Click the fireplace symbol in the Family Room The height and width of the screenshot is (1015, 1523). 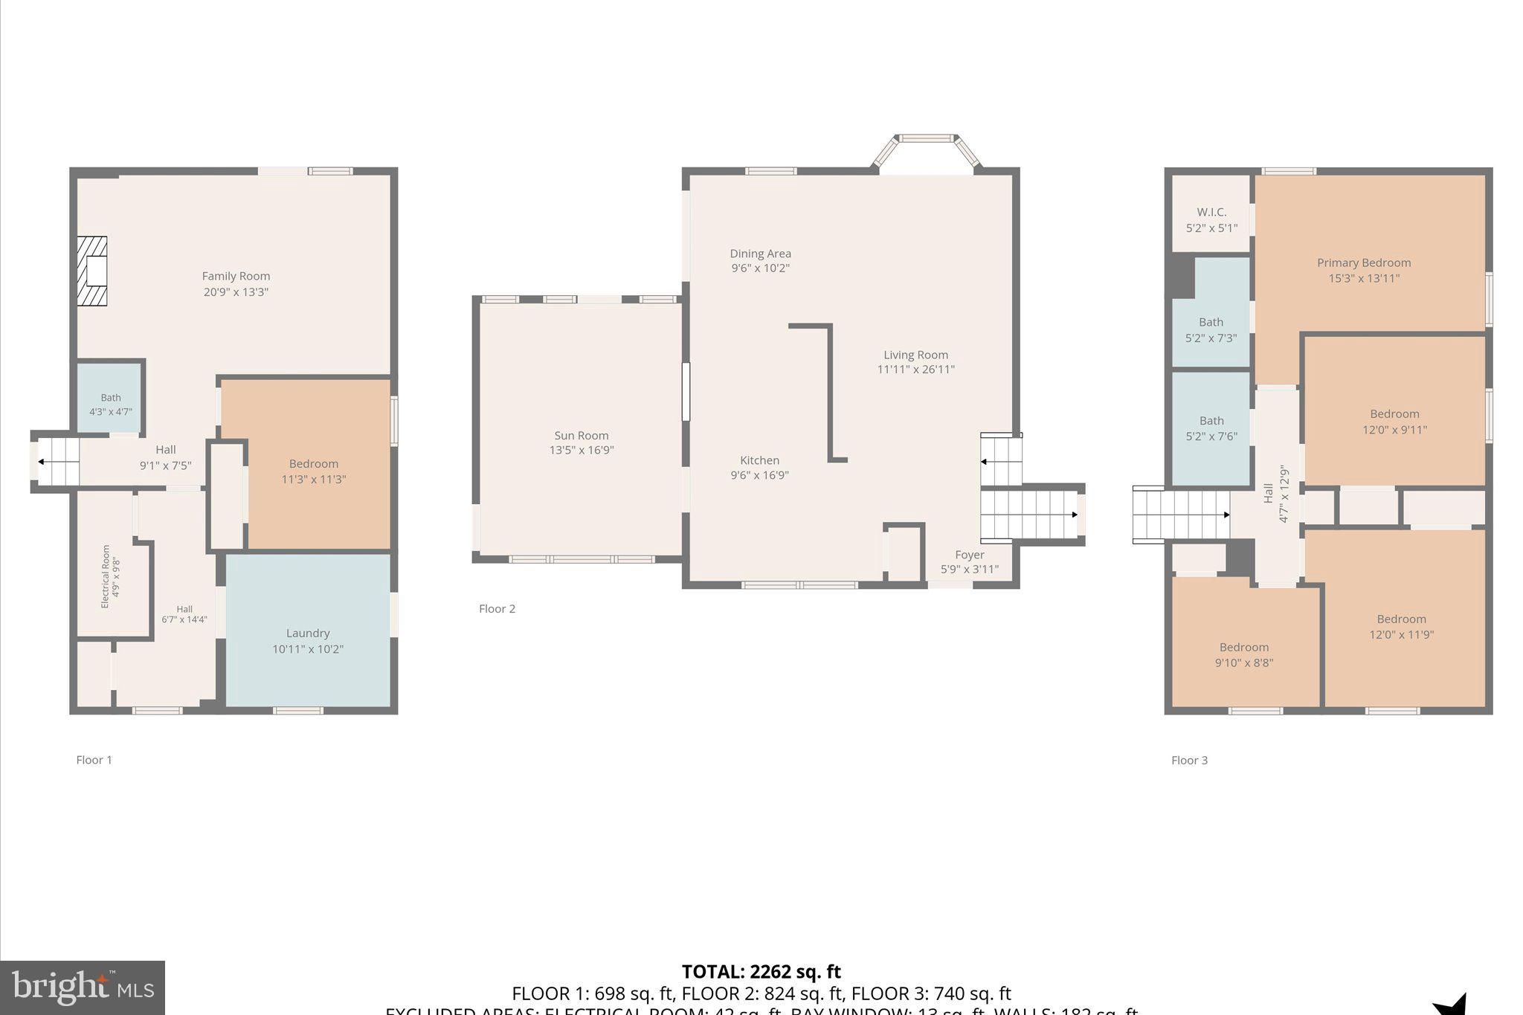click(x=92, y=271)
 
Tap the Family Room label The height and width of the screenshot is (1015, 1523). click(x=236, y=276)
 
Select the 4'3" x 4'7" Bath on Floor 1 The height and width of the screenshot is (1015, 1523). click(x=111, y=405)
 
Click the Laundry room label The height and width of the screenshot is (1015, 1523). click(x=308, y=634)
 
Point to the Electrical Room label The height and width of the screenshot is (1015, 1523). click(x=106, y=576)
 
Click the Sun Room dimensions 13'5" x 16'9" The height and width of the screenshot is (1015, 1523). click(x=582, y=450)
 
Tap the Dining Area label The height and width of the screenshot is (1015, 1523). click(x=760, y=254)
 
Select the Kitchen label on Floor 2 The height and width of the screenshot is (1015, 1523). click(x=759, y=460)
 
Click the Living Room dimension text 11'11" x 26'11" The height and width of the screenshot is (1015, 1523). click(x=915, y=369)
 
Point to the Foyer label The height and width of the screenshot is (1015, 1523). click(x=969, y=555)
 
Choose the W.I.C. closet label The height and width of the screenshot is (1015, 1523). click(x=1211, y=212)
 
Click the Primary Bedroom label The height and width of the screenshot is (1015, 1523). click(x=1364, y=262)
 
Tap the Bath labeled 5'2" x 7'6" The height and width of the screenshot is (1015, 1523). click(x=1211, y=428)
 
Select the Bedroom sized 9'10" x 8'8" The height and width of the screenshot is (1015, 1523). click(x=1244, y=655)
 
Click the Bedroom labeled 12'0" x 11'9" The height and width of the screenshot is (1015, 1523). click(x=1401, y=627)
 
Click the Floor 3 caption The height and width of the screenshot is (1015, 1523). click(x=1189, y=760)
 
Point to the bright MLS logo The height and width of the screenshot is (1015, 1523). click(x=83, y=987)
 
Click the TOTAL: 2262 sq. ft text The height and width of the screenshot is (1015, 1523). click(x=761, y=972)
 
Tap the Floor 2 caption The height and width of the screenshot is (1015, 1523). click(x=497, y=609)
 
